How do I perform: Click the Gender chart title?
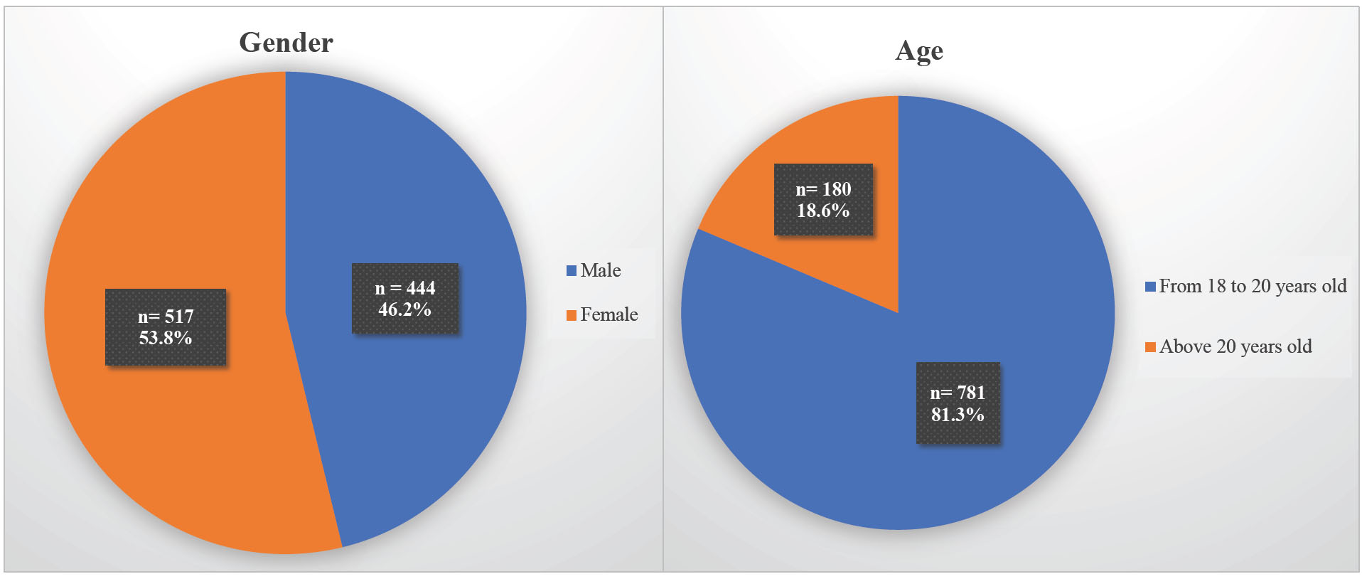point(286,43)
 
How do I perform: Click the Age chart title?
point(919,51)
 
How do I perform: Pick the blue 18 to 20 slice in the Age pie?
point(995,285)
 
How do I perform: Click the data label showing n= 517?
point(166,317)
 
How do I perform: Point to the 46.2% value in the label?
point(404,310)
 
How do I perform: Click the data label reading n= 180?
point(823,189)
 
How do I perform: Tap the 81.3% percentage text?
point(958,415)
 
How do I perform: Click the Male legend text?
point(601,270)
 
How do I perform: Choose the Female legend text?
point(609,314)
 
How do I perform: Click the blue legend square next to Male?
point(572,271)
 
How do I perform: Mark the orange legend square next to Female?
point(572,315)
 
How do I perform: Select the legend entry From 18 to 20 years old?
point(1253,286)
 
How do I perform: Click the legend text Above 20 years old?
point(1235,346)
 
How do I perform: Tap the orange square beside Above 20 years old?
point(1150,347)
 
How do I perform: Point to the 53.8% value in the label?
point(166,338)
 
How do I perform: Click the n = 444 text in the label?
point(404,288)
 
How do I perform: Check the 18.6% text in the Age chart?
point(823,211)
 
